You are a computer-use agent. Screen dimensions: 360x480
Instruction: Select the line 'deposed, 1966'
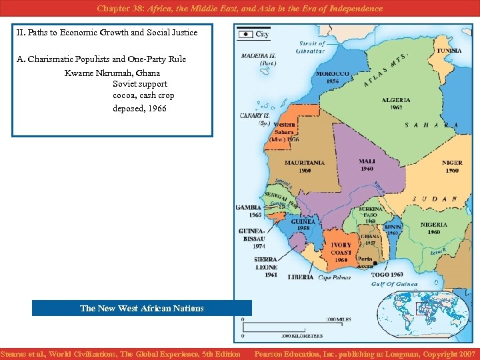pyautogui.click(x=139, y=109)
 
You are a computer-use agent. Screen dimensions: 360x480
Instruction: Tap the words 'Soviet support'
pyautogui.click(x=140, y=84)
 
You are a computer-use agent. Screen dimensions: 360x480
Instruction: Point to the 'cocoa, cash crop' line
pyautogui.click(x=143, y=96)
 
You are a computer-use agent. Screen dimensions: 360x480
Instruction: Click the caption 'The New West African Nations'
pyautogui.click(x=141, y=308)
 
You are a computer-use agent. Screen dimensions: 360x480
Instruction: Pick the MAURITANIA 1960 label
pyautogui.click(x=305, y=166)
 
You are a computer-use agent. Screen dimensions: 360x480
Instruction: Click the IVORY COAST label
pyautogui.click(x=341, y=249)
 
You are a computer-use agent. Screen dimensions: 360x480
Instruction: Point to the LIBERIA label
pyautogui.click(x=301, y=277)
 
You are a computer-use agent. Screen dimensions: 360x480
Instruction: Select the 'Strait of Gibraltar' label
pyautogui.click(x=311, y=47)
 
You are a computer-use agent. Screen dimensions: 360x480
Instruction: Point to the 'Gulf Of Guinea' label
pyautogui.click(x=394, y=284)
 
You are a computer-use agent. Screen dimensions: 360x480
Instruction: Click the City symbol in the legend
pyautogui.click(x=245, y=33)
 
